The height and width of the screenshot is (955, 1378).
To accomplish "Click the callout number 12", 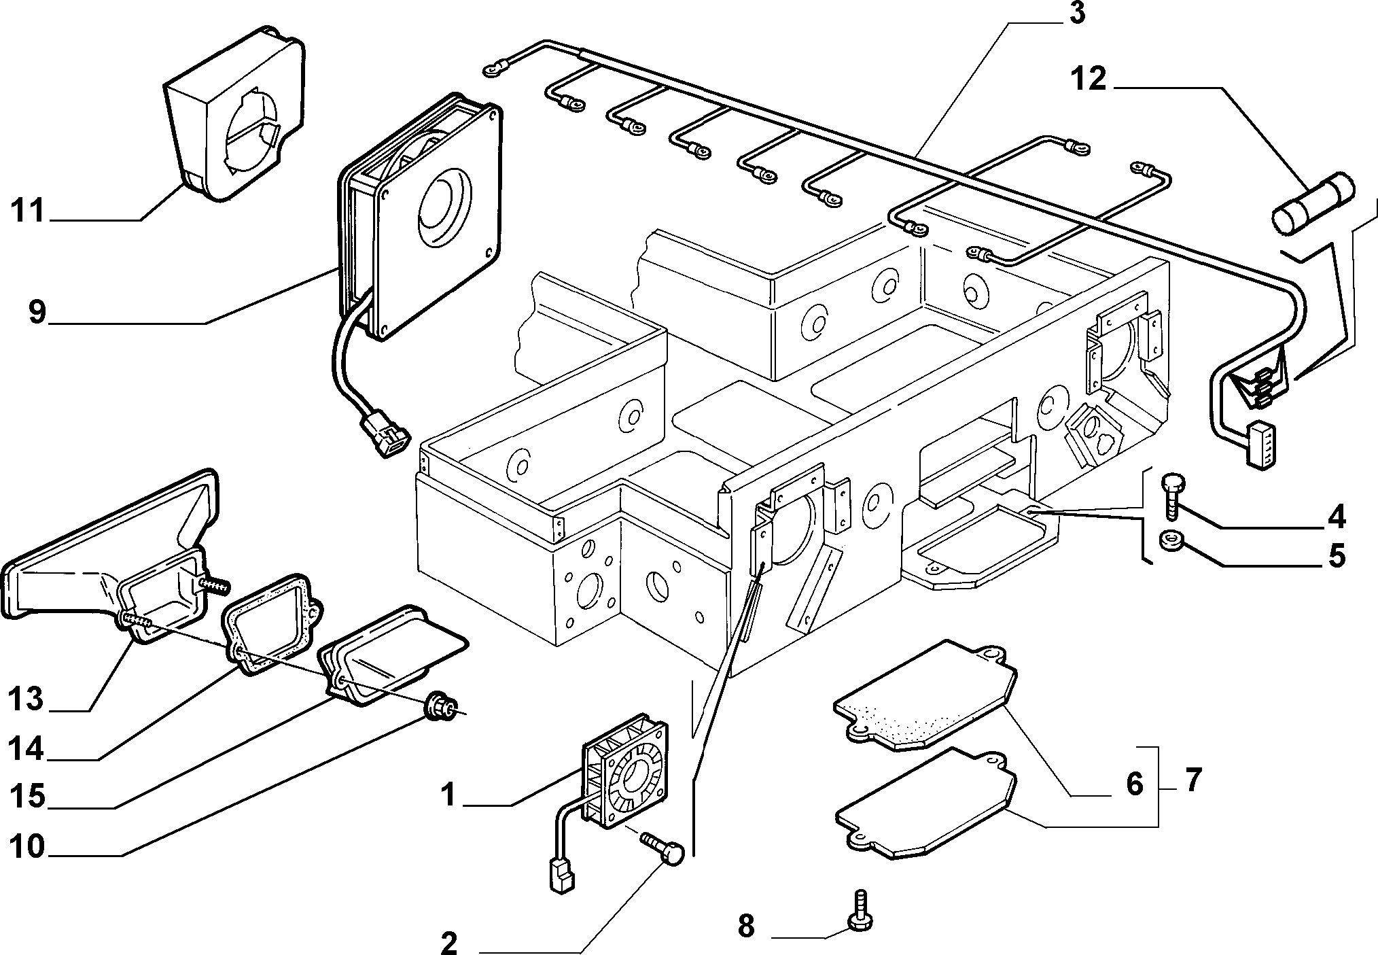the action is (1089, 80).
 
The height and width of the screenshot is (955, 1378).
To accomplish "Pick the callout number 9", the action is (37, 313).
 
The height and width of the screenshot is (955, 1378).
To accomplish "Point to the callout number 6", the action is (1135, 784).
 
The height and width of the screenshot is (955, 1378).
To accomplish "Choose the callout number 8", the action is (745, 926).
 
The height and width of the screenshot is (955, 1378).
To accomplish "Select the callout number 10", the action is (26, 848).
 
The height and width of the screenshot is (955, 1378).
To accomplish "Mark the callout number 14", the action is (26, 750).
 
